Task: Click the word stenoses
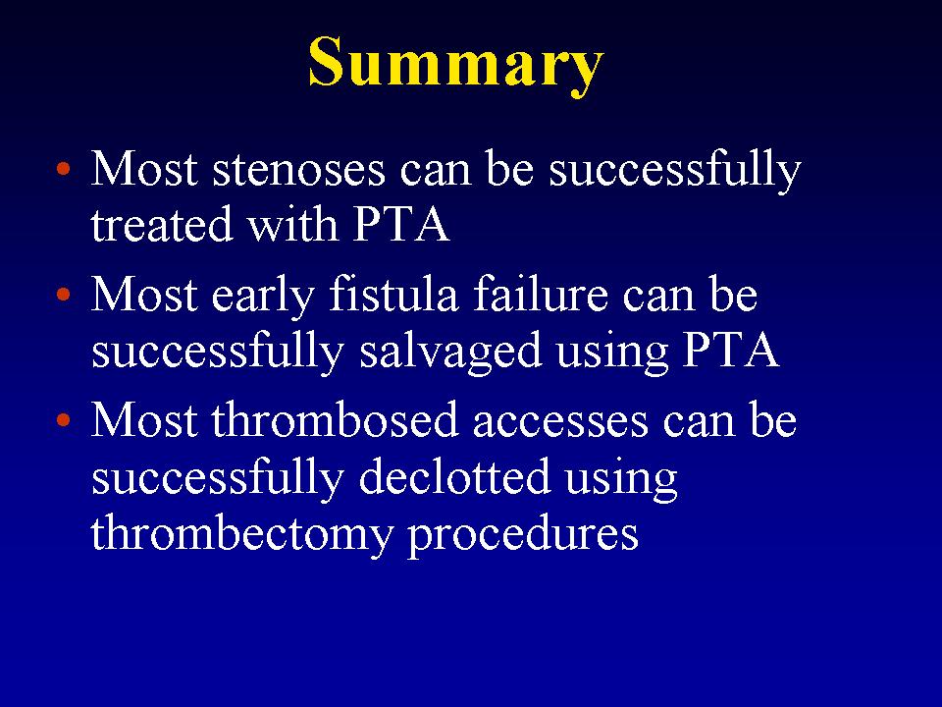pyautogui.click(x=298, y=170)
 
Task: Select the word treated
pyautogui.click(x=162, y=224)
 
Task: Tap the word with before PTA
pyautogui.click(x=293, y=223)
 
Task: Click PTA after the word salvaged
pyautogui.click(x=731, y=351)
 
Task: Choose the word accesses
pyautogui.click(x=560, y=422)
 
